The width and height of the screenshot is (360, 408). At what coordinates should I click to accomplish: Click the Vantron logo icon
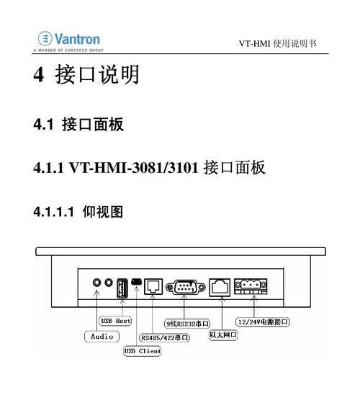(x=45, y=38)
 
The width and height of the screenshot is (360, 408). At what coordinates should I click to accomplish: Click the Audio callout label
(x=102, y=337)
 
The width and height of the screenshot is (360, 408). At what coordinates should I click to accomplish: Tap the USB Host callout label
(x=115, y=321)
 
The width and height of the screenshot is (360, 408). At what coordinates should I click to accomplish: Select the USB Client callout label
(x=142, y=351)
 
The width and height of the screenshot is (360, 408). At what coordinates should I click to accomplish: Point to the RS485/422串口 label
(x=165, y=338)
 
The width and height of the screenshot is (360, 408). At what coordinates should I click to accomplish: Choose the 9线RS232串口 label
(x=187, y=324)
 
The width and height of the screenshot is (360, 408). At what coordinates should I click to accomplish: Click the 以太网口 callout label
(x=223, y=334)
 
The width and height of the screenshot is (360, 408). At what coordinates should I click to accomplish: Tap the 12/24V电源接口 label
(x=263, y=322)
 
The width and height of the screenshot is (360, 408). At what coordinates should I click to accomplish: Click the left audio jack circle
(x=96, y=282)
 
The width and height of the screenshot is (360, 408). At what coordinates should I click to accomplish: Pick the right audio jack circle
(x=109, y=282)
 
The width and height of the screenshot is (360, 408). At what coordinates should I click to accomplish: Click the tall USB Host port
(x=122, y=288)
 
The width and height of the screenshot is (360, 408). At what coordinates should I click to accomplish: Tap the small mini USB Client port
(x=136, y=282)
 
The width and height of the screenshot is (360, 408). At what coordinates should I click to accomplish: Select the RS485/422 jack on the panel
(x=153, y=286)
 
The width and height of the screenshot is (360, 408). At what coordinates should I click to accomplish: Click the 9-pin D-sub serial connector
(x=186, y=288)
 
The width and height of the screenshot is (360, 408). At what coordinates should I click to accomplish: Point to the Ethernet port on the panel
(x=220, y=288)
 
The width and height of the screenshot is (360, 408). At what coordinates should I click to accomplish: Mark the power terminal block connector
(x=251, y=286)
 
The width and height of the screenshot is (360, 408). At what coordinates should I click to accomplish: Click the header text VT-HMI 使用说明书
(x=278, y=43)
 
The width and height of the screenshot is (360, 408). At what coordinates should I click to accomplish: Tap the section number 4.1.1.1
(x=54, y=211)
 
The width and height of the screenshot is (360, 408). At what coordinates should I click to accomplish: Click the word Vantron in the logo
(x=77, y=39)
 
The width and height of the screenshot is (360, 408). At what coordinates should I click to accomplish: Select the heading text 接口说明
(x=97, y=74)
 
